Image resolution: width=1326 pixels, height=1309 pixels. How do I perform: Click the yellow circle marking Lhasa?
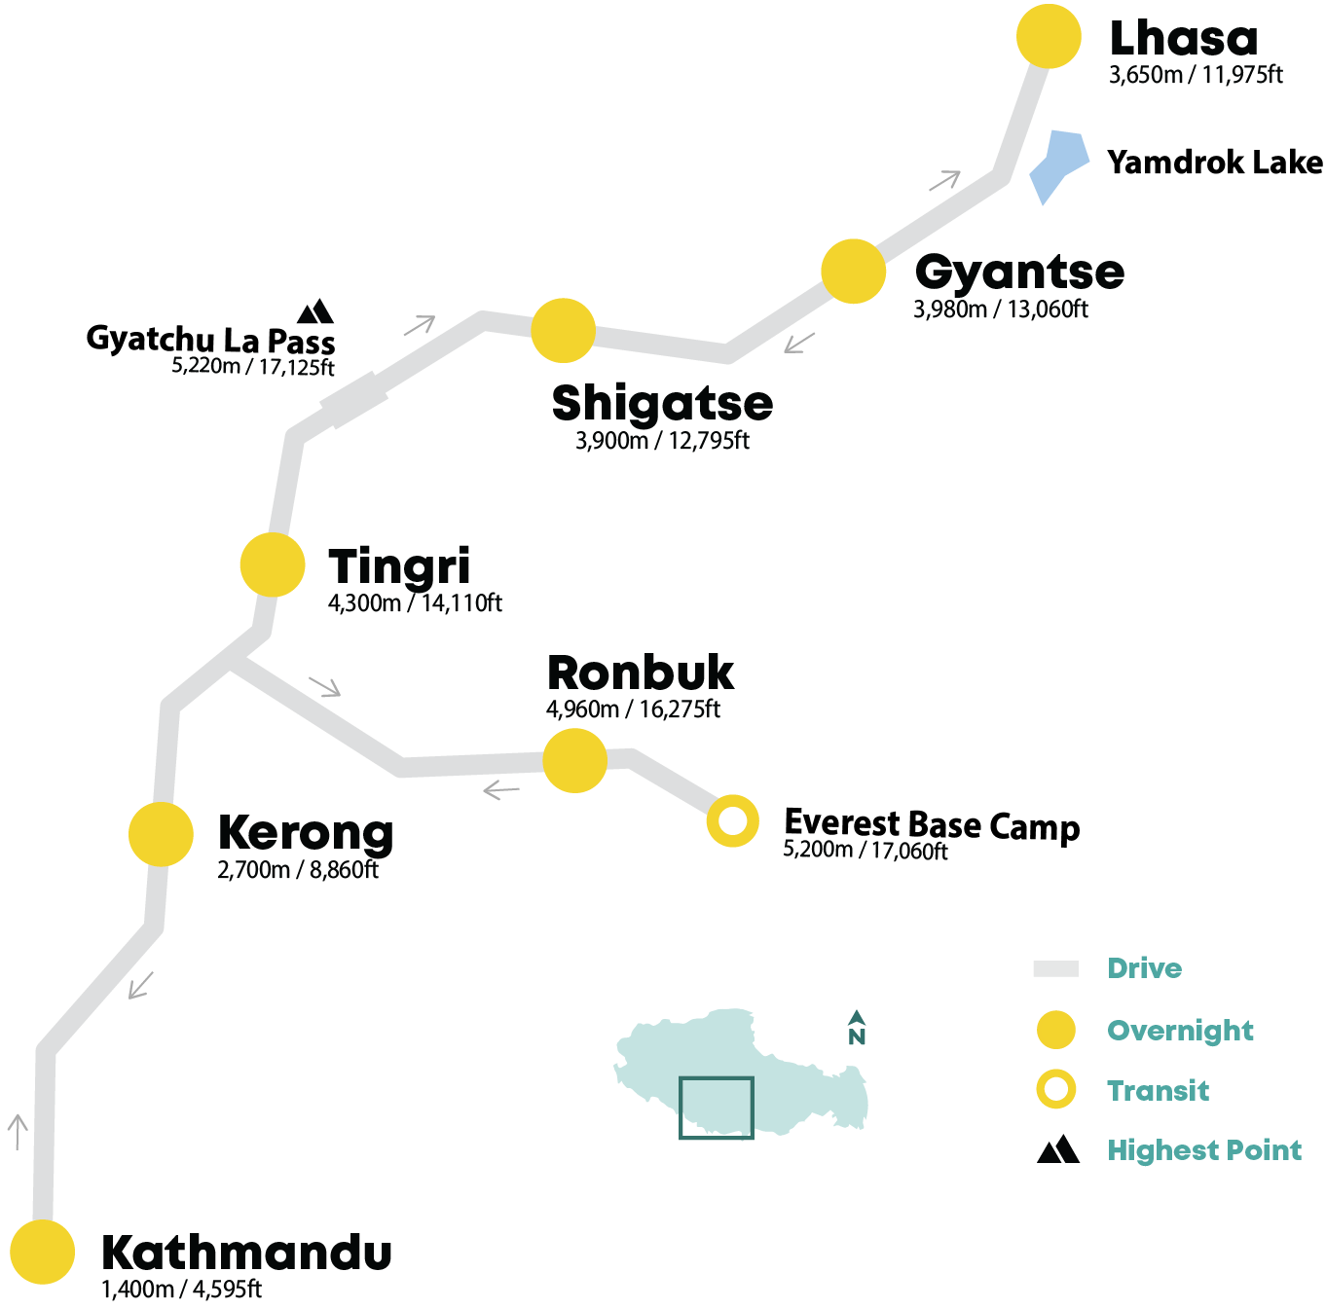(x=1048, y=36)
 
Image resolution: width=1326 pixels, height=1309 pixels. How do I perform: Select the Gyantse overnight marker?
(x=853, y=272)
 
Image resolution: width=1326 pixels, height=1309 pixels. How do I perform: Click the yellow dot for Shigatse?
(x=563, y=330)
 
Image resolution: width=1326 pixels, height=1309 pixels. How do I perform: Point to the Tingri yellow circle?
(x=273, y=564)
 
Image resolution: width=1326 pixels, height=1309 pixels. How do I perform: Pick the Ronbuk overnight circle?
(x=574, y=760)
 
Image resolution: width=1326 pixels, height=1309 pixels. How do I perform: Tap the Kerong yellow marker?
(x=161, y=834)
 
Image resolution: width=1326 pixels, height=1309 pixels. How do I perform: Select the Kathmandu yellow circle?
(x=42, y=1252)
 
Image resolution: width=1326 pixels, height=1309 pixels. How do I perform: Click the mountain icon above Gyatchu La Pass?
(x=315, y=311)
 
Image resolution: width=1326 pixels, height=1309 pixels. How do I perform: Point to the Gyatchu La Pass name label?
(x=210, y=340)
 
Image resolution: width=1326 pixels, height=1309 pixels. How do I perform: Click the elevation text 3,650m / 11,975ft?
(x=1196, y=74)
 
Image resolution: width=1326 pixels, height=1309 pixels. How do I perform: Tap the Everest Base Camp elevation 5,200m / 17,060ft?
(x=865, y=850)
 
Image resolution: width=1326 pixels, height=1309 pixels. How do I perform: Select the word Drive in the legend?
(x=1144, y=968)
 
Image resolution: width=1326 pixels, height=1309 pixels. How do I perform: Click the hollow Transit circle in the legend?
(x=1055, y=1089)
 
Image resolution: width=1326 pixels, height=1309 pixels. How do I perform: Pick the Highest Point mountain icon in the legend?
(x=1057, y=1149)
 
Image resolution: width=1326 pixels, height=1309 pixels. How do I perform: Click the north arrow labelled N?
(x=856, y=1027)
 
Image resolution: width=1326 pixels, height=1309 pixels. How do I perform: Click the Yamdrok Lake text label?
(x=1214, y=163)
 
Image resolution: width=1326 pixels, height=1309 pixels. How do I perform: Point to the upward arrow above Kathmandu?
(x=18, y=1132)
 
